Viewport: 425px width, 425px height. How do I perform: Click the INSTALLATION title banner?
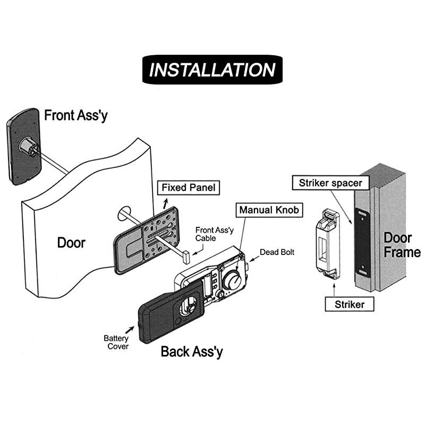point(212,70)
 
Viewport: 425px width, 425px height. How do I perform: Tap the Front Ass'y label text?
point(75,115)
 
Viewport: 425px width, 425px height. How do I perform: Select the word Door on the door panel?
point(71,243)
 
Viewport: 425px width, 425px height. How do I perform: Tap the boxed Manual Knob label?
point(269,209)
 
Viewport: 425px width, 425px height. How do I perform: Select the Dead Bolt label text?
point(277,252)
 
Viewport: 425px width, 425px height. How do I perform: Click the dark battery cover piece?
point(167,313)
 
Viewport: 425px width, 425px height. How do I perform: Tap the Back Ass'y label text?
point(192,351)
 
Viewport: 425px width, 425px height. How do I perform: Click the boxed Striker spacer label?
point(330,183)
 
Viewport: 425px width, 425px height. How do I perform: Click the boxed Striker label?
point(349,304)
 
